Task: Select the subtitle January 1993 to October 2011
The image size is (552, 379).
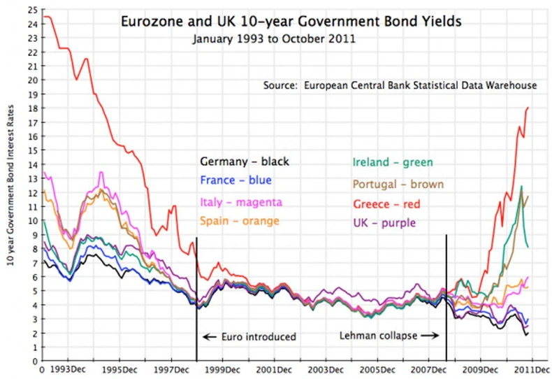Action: click(275, 39)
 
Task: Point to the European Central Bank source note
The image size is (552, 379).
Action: click(400, 85)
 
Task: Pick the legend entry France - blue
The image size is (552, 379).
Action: click(235, 180)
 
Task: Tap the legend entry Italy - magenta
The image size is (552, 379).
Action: click(240, 202)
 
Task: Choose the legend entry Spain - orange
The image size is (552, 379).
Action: click(239, 221)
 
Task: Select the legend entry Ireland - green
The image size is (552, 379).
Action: click(392, 162)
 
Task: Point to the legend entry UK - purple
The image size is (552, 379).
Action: click(384, 223)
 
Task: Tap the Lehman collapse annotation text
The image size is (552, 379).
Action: click(381, 336)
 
